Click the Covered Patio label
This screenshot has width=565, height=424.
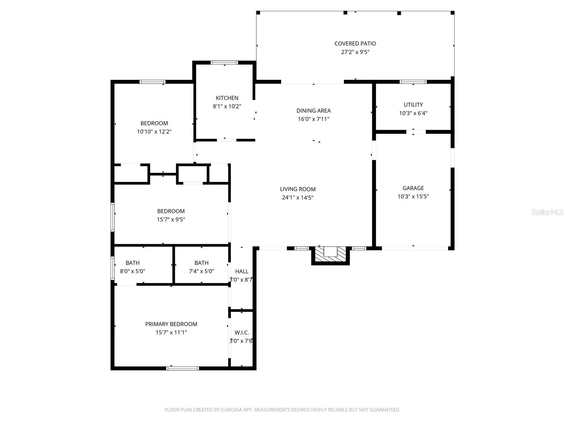click(x=355, y=43)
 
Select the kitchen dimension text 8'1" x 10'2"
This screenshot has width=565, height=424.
click(x=227, y=106)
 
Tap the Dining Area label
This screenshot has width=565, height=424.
click(x=313, y=111)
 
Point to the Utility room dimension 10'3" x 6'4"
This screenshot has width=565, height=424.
click(x=413, y=113)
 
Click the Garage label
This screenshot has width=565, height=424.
click(x=413, y=188)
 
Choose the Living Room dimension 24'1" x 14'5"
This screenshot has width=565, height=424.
click(x=297, y=198)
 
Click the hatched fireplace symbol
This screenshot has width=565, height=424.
click(x=331, y=254)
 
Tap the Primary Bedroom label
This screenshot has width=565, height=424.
click(x=171, y=324)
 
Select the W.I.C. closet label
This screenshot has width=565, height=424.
click(x=242, y=332)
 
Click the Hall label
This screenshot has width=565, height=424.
click(x=242, y=271)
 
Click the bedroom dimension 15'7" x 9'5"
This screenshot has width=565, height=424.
click(x=171, y=219)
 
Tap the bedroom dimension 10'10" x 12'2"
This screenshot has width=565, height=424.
click(x=154, y=131)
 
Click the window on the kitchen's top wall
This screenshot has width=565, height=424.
click(x=224, y=63)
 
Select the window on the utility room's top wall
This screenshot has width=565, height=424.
click(x=413, y=82)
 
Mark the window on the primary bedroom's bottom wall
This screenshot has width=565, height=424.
click(x=183, y=368)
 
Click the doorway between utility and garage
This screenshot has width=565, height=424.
click(x=416, y=132)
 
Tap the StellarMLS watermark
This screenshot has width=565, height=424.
click(x=547, y=212)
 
